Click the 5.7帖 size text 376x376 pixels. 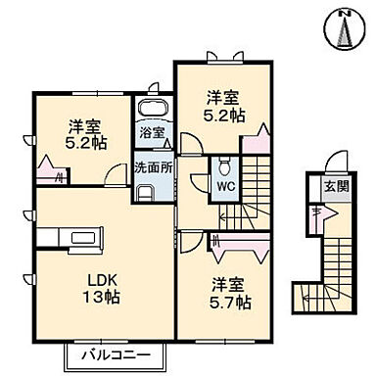pos(229,305)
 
